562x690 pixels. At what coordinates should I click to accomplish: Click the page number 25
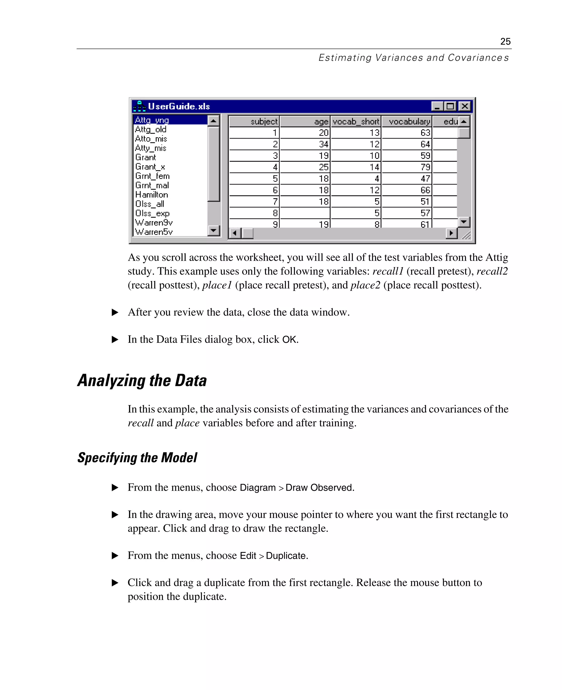505,41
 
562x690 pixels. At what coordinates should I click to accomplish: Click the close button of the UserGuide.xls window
465,106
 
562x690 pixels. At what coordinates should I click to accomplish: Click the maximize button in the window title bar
450,106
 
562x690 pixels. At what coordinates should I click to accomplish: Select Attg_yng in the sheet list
152,120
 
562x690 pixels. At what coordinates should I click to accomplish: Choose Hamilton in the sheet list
151,195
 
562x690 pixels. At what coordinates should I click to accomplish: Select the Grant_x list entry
150,167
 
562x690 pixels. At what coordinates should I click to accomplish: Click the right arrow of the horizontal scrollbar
451,233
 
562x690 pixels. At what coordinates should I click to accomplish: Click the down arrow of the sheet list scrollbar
213,230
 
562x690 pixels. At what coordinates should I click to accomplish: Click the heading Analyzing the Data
142,380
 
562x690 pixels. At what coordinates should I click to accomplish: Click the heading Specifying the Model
137,458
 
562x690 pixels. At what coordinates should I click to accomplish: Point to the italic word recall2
492,271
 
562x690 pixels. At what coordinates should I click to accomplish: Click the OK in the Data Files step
289,339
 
